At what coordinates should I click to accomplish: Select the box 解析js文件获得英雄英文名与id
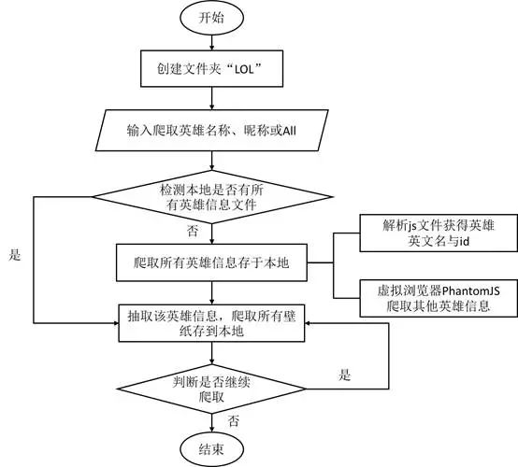pyautogui.click(x=428, y=231)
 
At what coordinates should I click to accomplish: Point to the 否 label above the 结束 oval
pyautogui.click(x=234, y=421)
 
